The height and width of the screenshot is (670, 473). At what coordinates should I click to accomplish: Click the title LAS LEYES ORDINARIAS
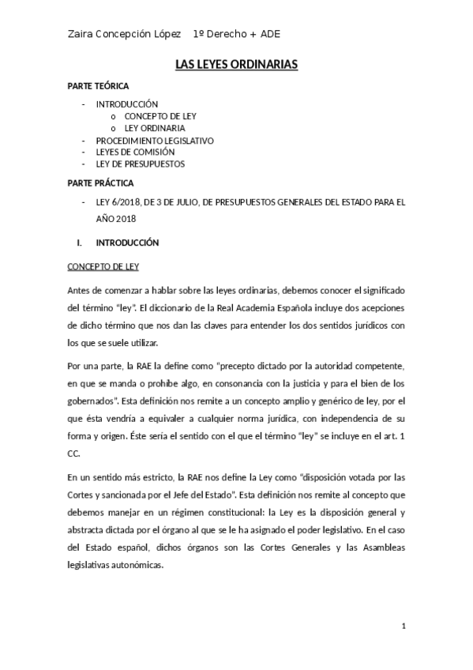pos(236,66)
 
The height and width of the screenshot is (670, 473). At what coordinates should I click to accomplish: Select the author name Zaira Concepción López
pos(126,34)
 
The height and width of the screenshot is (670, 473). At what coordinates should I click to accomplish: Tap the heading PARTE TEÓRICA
pos(98,86)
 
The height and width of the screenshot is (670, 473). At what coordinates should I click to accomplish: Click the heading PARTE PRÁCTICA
pos(99,183)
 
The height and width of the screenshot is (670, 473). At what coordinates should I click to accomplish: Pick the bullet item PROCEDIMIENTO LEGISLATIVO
pos(155,140)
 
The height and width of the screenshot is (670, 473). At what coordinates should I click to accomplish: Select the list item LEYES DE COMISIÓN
pos(135,152)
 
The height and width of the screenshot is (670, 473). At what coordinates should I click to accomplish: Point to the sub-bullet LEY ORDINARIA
pos(155,127)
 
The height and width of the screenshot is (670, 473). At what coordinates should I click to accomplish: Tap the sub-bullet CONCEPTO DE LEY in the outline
pos(160,115)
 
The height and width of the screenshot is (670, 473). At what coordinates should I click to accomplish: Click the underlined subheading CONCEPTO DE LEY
pos(103,266)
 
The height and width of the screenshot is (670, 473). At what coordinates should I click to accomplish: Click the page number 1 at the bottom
pos(403,627)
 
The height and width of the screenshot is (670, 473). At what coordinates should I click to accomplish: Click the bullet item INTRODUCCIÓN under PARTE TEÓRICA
pos(127,104)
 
